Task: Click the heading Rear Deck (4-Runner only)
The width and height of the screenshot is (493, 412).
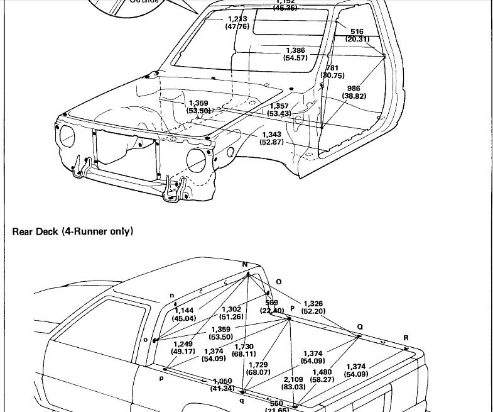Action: (73, 231)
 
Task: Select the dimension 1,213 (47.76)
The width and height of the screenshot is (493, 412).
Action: (237, 23)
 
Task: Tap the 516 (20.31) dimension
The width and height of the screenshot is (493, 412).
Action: (357, 35)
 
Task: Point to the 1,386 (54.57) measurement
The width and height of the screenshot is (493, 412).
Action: (295, 54)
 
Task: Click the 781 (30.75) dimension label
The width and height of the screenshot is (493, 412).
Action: (332, 72)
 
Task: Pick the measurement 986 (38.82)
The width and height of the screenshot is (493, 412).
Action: (354, 92)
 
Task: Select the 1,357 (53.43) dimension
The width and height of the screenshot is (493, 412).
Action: (279, 110)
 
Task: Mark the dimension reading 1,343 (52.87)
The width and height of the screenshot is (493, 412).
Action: (271, 138)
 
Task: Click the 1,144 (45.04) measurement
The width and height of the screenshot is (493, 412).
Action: (184, 315)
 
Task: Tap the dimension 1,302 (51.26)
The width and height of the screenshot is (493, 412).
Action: (231, 313)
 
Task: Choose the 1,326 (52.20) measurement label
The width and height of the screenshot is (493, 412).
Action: (313, 308)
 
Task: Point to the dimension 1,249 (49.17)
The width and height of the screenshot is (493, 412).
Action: (183, 348)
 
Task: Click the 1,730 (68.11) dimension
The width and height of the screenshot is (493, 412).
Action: (244, 350)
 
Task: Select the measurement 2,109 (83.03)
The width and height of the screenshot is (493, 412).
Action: (293, 383)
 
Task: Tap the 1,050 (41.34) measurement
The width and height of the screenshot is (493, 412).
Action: (223, 385)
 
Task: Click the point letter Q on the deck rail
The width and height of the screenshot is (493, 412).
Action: (360, 327)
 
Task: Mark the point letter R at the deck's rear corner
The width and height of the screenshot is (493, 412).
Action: (406, 338)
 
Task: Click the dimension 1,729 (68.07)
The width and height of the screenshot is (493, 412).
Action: (259, 369)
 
